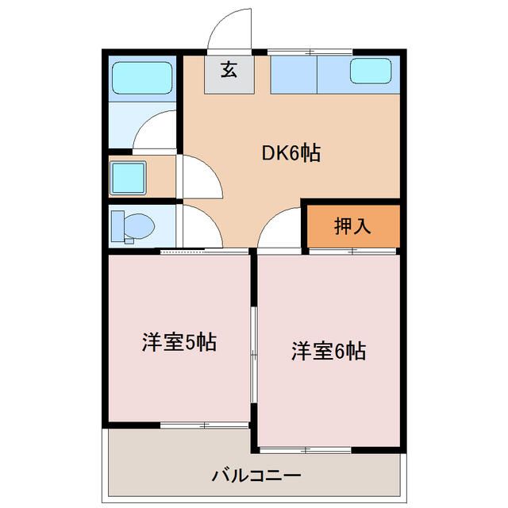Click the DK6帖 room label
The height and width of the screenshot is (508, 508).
(291, 154)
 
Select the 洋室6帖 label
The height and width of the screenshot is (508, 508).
(328, 350)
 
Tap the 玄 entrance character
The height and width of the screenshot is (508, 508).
(229, 70)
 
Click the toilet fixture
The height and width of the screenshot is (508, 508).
(133, 226)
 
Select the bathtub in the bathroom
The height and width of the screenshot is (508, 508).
(141, 77)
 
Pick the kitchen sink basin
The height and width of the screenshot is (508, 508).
(371, 71)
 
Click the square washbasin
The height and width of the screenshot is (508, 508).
(128, 177)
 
